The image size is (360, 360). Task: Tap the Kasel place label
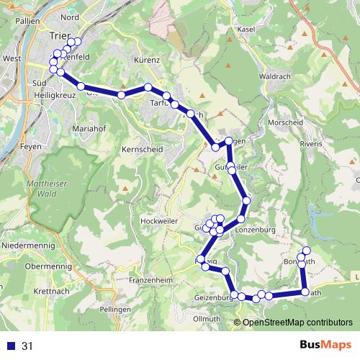click(246, 28)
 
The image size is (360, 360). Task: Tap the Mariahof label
click(90, 128)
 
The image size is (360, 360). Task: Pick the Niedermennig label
click(27, 245)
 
